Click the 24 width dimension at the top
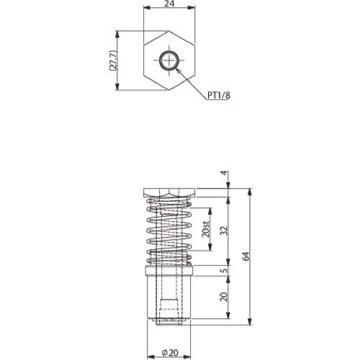click(170, 4)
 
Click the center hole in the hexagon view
click(171, 61)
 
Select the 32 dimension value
click(224, 230)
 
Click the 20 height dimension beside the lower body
click(224, 297)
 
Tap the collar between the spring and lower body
click(170, 272)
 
